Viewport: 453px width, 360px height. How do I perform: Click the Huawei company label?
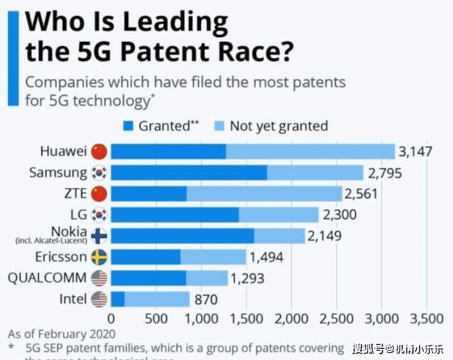(x=63, y=152)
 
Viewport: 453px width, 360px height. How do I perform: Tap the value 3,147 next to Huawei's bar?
(x=416, y=152)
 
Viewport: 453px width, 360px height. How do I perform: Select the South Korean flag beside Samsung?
(x=99, y=173)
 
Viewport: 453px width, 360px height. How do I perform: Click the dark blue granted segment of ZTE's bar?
(x=148, y=194)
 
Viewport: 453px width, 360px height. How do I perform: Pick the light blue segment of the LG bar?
(x=279, y=215)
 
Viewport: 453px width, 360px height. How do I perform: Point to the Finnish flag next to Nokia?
(x=99, y=236)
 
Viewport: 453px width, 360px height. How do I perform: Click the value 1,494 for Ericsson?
(x=266, y=257)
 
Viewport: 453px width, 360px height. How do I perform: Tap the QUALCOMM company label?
(x=48, y=278)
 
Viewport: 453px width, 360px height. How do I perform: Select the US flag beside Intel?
(x=99, y=299)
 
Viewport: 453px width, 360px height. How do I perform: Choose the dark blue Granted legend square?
(x=128, y=125)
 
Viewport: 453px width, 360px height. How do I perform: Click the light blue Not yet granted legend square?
(x=219, y=125)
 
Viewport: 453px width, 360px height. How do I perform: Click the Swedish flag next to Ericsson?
(x=99, y=257)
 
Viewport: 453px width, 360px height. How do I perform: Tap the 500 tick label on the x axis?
(x=156, y=319)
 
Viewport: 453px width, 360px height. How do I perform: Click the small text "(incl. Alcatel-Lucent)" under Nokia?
(x=52, y=241)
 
